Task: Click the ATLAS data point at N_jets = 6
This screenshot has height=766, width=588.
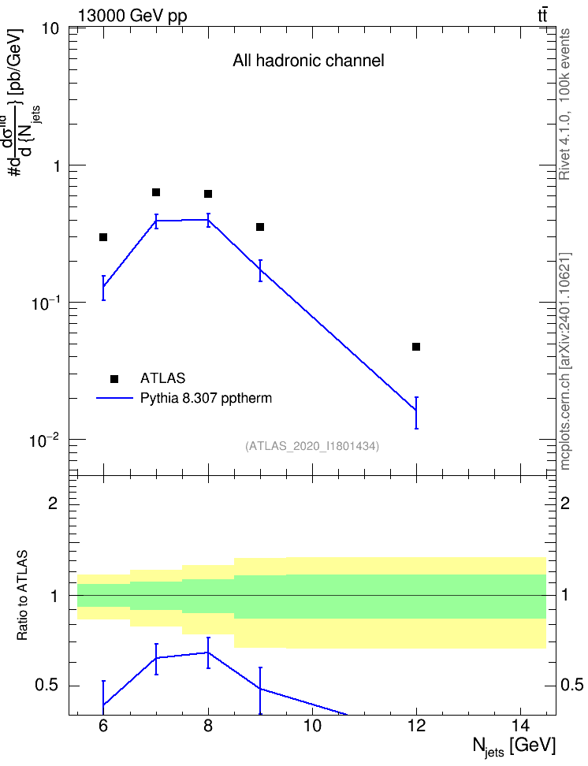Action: (x=103, y=237)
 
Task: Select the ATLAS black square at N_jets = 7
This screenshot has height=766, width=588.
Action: (x=156, y=192)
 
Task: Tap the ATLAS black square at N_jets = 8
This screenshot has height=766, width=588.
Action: (x=208, y=194)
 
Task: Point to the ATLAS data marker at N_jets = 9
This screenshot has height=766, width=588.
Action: (x=260, y=227)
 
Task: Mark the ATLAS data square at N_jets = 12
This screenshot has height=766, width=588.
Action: (x=416, y=347)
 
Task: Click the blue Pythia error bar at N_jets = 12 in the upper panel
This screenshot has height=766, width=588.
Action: (x=416, y=413)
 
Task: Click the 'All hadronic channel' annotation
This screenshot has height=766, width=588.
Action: (x=308, y=61)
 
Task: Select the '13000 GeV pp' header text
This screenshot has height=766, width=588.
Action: (x=132, y=16)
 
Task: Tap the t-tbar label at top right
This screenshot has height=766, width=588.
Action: (x=542, y=15)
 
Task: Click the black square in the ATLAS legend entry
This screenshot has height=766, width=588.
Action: (x=114, y=378)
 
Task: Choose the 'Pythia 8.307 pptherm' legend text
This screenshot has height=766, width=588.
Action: (x=206, y=398)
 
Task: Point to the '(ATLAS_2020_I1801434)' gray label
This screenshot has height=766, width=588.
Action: (x=312, y=446)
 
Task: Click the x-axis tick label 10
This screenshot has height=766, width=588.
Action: (x=312, y=726)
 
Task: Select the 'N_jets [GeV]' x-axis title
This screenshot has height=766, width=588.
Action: (x=514, y=747)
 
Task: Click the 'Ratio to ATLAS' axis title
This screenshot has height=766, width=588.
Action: (x=22, y=595)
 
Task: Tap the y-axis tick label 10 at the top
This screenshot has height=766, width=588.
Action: (x=50, y=29)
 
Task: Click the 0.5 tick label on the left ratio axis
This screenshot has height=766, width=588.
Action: (x=47, y=686)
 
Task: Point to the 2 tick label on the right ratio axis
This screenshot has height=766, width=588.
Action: (x=565, y=503)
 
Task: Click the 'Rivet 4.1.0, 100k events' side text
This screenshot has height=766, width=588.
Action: (x=564, y=104)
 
